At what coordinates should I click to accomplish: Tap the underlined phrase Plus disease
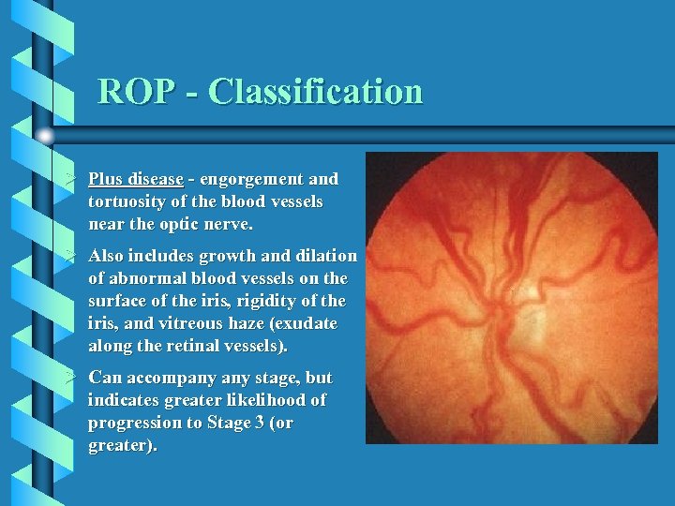click(x=135, y=179)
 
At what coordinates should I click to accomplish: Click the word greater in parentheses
click(x=118, y=445)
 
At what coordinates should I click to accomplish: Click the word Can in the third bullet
click(x=104, y=378)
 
